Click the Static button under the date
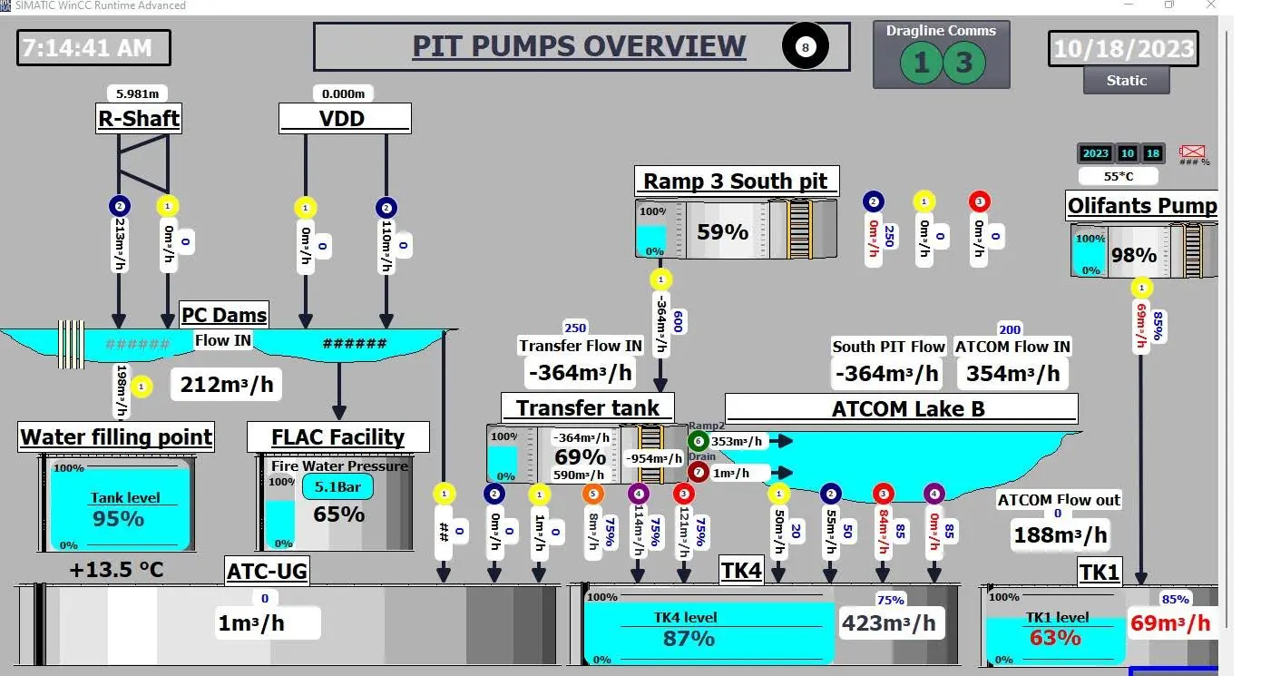point(1126,80)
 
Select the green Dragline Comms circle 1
point(921,63)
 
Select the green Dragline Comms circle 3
point(963,63)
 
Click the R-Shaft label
point(139,118)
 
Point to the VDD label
point(345,118)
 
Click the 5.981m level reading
point(139,93)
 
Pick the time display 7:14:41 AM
point(93,47)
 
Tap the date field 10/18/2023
point(1123,48)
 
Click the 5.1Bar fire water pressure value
point(337,487)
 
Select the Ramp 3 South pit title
point(735,181)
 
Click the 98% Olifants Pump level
point(1134,255)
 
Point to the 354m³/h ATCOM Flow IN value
point(1012,373)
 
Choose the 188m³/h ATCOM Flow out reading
point(1060,534)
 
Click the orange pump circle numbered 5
point(592,495)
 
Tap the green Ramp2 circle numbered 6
point(697,441)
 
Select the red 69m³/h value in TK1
point(1169,623)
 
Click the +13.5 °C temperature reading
point(117,570)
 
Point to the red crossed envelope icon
point(1193,152)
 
